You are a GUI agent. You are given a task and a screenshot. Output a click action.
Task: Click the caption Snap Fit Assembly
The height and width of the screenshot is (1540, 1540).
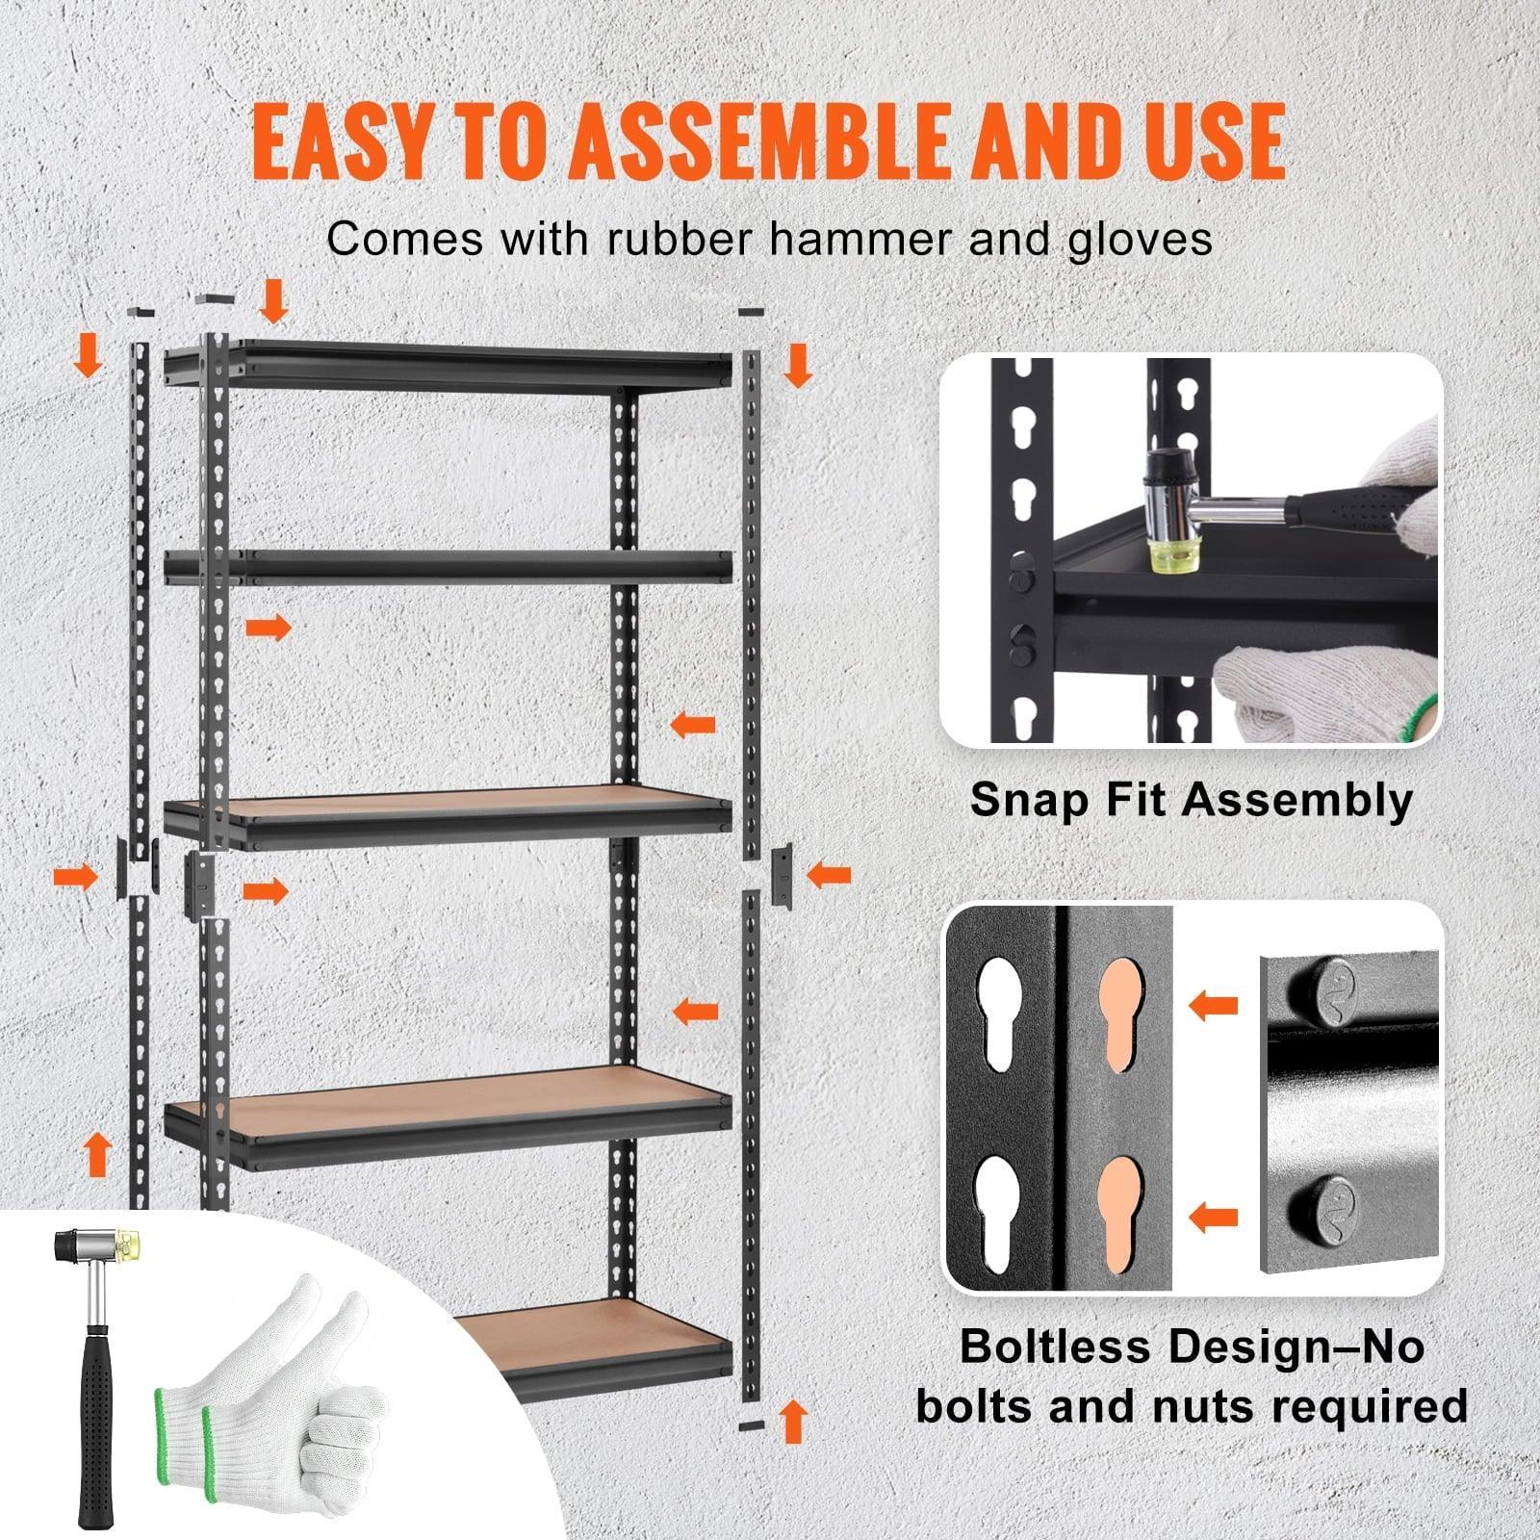pos(1191,800)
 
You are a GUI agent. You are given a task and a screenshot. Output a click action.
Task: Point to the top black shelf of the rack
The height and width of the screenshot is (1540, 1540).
pos(448,367)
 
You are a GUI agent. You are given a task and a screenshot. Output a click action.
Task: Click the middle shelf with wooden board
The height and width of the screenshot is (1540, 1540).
pos(448,813)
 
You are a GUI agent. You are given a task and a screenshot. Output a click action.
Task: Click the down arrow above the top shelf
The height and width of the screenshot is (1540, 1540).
pos(274,301)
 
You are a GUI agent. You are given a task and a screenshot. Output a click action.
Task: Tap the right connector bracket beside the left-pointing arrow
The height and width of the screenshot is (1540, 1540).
pos(782,874)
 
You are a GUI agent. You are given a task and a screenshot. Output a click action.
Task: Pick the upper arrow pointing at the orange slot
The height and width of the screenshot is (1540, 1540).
pos(1213,1007)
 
